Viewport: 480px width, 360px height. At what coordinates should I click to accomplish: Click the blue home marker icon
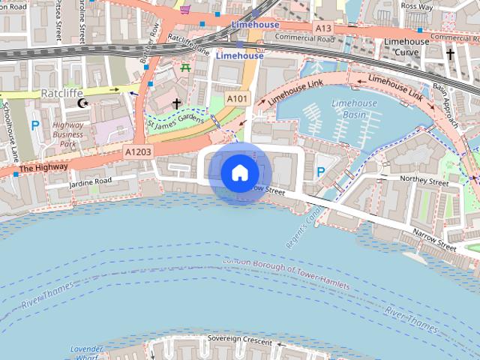pos(239,172)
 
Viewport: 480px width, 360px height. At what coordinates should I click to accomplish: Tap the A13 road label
pos(323,28)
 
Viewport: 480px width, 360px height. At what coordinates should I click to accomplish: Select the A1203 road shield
pos(138,151)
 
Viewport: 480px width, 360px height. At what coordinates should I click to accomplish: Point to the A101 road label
pos(237,99)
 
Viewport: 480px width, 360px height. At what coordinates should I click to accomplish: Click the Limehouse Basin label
pos(354,109)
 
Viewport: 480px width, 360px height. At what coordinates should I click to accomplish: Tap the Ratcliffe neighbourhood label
pos(61,94)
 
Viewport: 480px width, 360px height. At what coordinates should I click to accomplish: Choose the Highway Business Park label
pos(68,134)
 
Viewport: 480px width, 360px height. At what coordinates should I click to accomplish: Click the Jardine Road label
pos(90,181)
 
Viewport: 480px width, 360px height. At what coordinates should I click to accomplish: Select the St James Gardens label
pos(177,121)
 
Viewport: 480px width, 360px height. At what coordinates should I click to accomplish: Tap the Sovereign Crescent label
pos(239,340)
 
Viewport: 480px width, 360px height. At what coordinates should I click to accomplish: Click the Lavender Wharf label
pos(85,353)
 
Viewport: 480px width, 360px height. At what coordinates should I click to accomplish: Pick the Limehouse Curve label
pos(407,46)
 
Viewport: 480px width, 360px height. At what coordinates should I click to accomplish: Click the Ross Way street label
pos(418,6)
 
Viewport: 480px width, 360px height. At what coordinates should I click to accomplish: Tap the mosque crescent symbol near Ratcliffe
pos(84,103)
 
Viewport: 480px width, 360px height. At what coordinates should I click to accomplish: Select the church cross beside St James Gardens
pos(177,103)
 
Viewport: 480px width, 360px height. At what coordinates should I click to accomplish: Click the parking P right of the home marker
pos(321,172)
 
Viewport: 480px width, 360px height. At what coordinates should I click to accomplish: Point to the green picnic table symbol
pos(184,67)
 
